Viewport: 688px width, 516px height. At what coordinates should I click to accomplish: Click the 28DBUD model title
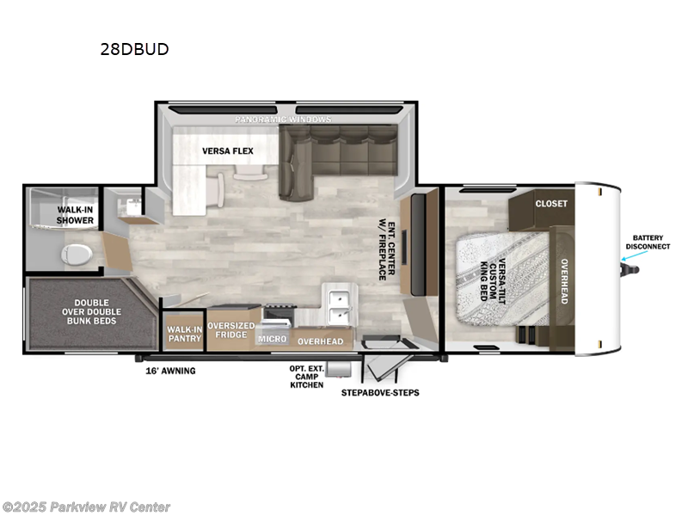(133, 49)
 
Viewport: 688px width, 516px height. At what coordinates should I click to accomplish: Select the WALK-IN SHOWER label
(76, 214)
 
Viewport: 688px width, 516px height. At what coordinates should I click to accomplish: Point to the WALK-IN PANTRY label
(184, 334)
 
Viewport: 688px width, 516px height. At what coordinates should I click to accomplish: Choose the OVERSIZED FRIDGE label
(230, 331)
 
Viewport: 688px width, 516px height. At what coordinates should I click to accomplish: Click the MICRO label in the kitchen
(271, 340)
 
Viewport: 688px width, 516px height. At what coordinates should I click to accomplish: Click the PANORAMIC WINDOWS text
(285, 120)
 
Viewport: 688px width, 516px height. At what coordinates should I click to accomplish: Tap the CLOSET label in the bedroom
(551, 204)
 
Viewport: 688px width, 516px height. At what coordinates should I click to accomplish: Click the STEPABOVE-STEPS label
(379, 393)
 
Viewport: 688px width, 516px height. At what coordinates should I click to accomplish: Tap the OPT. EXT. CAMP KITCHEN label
(306, 376)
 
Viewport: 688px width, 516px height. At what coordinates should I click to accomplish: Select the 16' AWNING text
(170, 371)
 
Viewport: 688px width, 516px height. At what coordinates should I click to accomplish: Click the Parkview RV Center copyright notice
(86, 507)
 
